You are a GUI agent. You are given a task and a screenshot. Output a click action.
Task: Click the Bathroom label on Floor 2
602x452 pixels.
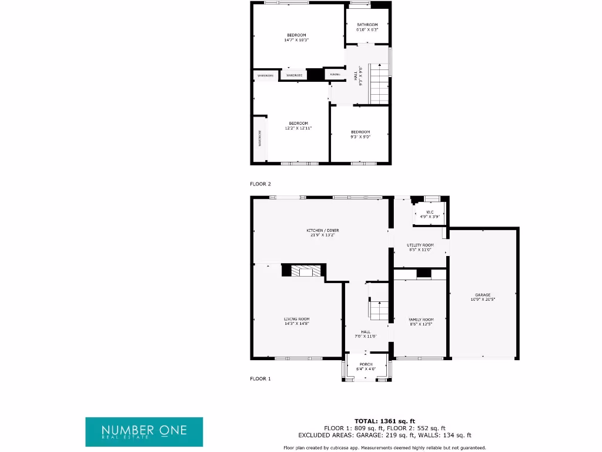coord(367,25)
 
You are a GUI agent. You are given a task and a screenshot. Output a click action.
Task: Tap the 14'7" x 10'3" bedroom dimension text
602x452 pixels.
coord(296,40)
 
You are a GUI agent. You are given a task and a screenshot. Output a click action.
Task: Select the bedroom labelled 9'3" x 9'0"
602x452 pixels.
coord(360,134)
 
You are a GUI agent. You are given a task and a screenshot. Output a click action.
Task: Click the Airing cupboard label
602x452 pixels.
coord(335,75)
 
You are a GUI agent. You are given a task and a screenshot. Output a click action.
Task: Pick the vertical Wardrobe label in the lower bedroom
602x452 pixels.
coord(259,139)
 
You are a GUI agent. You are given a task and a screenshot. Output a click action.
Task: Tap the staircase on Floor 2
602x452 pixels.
coord(380,83)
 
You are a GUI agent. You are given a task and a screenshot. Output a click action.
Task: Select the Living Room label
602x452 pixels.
coord(296,319)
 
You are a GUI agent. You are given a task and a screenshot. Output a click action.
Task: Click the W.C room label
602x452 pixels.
coord(430,212)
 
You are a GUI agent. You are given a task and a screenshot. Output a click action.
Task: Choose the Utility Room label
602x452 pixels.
coord(420,245)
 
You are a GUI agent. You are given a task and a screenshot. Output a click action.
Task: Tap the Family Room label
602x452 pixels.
coord(420,320)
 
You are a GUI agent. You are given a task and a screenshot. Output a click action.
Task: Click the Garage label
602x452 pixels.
coord(483,295)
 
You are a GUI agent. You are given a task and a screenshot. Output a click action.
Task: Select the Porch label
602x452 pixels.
coord(366,364)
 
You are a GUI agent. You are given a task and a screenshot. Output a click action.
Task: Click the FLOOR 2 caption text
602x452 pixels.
coord(260,184)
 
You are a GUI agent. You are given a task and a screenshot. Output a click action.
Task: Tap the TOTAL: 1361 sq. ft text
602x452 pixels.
coord(384,421)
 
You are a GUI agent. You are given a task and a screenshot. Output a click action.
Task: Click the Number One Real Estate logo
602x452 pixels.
coord(144,431)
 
